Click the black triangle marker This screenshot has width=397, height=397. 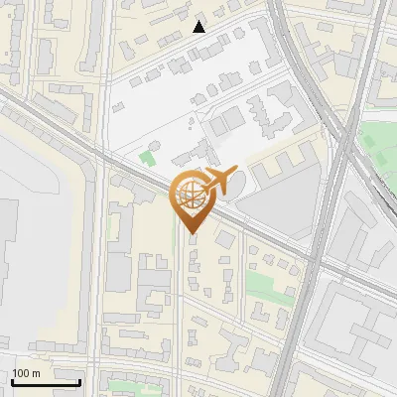(199, 27)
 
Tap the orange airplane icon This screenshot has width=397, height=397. (217, 181)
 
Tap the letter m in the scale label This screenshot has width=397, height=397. (37, 372)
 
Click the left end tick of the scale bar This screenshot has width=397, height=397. (12, 381)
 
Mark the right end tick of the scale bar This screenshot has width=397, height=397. (80, 381)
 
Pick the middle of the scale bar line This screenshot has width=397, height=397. (46, 383)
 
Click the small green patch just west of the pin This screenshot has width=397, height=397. (149, 157)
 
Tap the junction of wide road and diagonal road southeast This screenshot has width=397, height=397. (314, 260)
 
